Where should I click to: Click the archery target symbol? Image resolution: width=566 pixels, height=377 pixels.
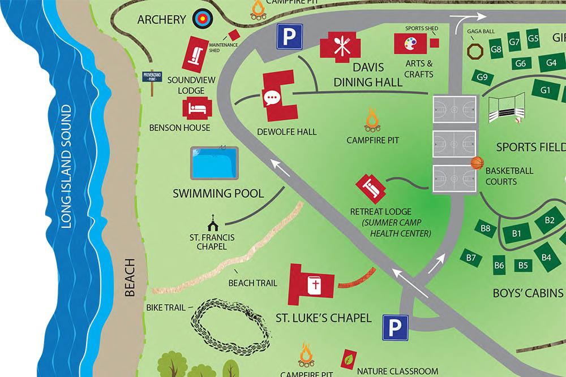point(201,19)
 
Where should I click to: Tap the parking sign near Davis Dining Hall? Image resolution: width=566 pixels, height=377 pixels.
point(289,38)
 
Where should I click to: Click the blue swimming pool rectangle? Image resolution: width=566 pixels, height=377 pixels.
point(214,163)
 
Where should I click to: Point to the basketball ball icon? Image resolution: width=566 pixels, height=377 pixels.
point(477,163)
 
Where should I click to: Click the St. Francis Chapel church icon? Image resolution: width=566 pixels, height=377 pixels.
point(213,220)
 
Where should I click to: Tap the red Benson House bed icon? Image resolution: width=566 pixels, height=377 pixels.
point(196,108)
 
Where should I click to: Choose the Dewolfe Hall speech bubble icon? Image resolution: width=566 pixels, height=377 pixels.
point(272,97)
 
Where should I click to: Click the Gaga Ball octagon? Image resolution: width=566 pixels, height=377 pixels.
point(474,51)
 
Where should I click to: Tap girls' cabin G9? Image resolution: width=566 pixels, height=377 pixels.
point(482,77)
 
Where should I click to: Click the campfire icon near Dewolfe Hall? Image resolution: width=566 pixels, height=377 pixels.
point(372,120)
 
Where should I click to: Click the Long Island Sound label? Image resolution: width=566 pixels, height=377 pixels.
point(67,167)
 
